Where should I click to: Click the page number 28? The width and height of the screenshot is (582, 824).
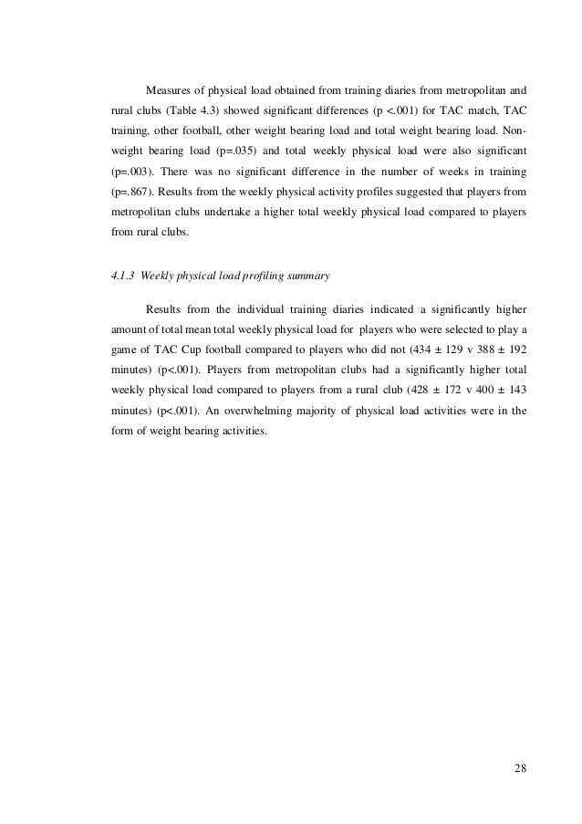pos(520,767)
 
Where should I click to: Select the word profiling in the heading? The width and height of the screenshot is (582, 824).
pos(255,274)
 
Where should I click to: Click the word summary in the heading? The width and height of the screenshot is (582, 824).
pos(309,274)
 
